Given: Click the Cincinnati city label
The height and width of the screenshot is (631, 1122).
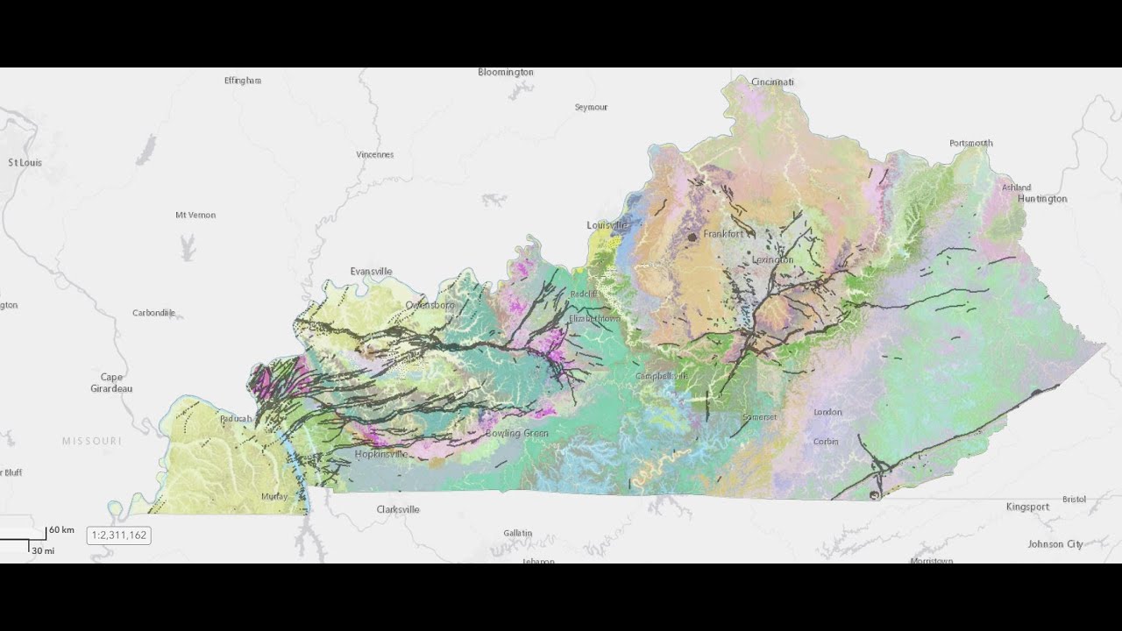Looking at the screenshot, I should (772, 82).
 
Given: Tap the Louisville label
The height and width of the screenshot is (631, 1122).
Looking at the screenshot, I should (607, 225).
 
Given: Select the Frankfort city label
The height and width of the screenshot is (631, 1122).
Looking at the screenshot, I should (723, 234).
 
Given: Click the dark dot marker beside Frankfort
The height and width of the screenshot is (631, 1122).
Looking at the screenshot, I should (692, 237).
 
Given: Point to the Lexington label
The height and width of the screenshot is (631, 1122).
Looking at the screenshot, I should (772, 259).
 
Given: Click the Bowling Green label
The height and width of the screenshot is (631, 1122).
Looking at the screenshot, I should (516, 433).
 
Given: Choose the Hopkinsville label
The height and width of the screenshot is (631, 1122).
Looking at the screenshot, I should (381, 454).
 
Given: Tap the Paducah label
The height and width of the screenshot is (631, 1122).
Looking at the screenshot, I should (236, 419).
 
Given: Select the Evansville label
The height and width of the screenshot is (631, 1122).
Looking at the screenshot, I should (371, 272).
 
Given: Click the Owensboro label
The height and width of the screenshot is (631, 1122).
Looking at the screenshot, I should (430, 305).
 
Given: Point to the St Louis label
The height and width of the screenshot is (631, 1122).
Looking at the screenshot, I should (25, 163).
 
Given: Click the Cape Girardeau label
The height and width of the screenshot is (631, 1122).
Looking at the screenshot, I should (111, 383).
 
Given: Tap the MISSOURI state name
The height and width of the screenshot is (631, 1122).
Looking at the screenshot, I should (91, 441).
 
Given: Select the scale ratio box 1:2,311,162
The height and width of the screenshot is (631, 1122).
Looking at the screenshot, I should (118, 535).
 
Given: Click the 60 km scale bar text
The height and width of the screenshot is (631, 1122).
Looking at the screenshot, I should (61, 530).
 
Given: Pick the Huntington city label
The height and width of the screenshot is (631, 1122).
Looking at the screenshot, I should (1042, 199).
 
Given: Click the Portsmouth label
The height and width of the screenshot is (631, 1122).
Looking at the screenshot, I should (970, 143).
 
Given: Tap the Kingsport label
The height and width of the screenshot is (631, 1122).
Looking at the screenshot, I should (1027, 507).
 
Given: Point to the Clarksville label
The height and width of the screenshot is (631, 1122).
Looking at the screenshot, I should (398, 509).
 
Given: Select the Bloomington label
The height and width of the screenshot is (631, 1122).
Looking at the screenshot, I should (505, 72).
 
